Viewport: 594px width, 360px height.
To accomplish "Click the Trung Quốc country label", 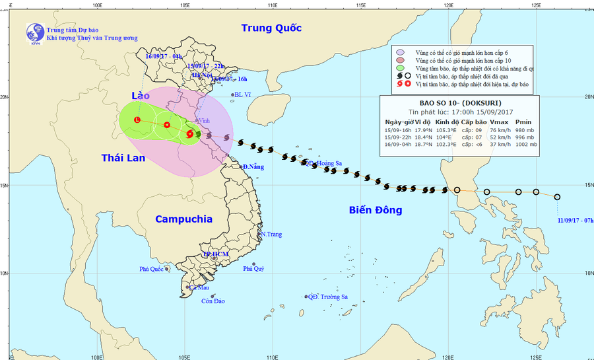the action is pyautogui.click(x=271, y=28).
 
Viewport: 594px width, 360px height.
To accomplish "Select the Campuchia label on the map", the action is pyautogui.click(x=183, y=219).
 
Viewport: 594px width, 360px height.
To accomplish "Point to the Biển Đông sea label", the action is pyautogui.click(x=375, y=210).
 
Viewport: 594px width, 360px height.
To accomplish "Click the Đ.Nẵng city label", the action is pyautogui.click(x=253, y=166).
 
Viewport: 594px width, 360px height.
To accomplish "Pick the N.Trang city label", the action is pyautogui.click(x=271, y=234).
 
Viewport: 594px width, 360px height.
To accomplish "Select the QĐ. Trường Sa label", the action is pyautogui.click(x=327, y=297).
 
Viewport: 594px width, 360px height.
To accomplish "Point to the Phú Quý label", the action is pyautogui.click(x=253, y=268).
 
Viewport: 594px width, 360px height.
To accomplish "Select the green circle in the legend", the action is pyautogui.click(x=401, y=68).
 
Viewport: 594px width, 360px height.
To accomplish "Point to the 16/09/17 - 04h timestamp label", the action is pyautogui.click(x=164, y=57).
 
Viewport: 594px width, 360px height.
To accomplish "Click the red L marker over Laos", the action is pyautogui.click(x=137, y=120).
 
